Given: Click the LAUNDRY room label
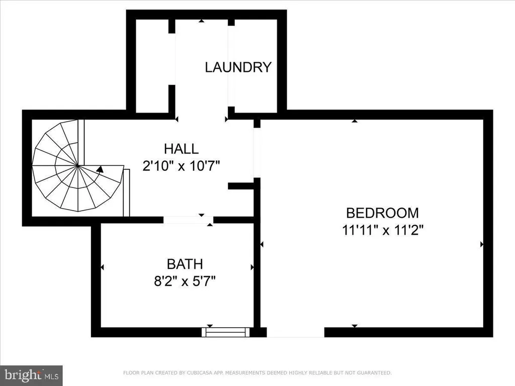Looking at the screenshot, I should pos(238,67).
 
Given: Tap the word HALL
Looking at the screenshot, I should pos(181,149).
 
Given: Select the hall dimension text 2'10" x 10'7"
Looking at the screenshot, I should pos(182,165).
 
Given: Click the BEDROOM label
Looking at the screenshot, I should pos(382,213).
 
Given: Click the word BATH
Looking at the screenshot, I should pos(185,264).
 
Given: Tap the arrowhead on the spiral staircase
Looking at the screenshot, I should pos(101,170).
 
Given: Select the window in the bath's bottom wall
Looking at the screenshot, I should pos(226,332).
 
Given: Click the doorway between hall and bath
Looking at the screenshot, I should pos(188,220).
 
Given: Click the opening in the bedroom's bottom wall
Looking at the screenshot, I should pos(295,332).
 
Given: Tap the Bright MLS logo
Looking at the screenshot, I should pos(31,375).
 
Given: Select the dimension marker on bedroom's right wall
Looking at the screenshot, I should pos(482,244).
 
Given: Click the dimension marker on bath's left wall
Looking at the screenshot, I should pos(102,267).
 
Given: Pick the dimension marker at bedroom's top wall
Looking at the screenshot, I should pos(355,121).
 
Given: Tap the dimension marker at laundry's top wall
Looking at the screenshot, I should pos(201,21).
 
